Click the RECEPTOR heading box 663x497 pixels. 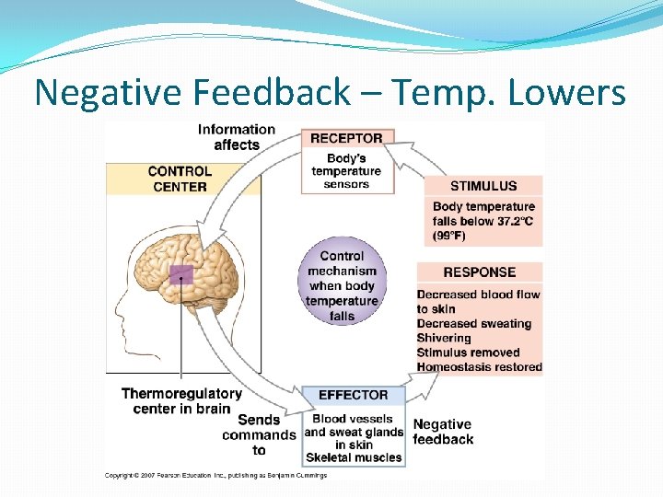pos(346,138)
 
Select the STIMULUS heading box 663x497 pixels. pos(483,186)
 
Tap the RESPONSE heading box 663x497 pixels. pos(479,272)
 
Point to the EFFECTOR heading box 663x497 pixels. pos(353,395)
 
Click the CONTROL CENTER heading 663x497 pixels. pos(180,179)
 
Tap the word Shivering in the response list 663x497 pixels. pos(444,338)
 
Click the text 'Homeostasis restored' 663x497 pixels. pos(479,367)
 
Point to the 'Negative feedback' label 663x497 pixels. pos(443,432)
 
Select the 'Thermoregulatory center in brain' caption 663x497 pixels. pos(181,401)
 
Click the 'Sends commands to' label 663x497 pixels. pos(259,434)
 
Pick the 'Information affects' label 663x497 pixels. pos(236,137)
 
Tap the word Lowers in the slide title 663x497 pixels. pos(571,93)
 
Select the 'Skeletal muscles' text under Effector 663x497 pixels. pos(354,457)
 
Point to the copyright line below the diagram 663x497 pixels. pos(215,475)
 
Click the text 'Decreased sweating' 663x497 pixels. pos(473,323)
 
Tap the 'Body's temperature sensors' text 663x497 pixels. pos(346,171)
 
